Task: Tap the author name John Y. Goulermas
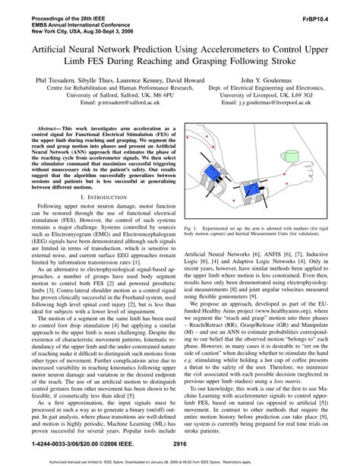(263, 78)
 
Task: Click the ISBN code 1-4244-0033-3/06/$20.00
(59, 441)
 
